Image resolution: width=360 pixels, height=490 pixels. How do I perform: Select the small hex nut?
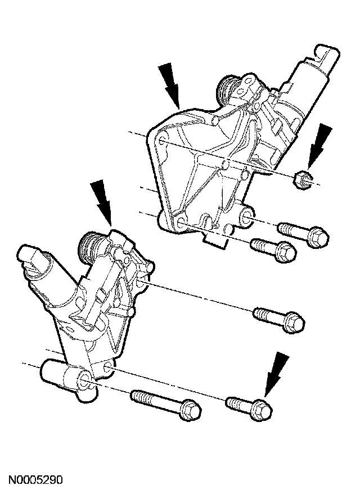(x=302, y=180)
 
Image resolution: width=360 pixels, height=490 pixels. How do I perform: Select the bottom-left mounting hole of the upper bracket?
(x=180, y=221)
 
